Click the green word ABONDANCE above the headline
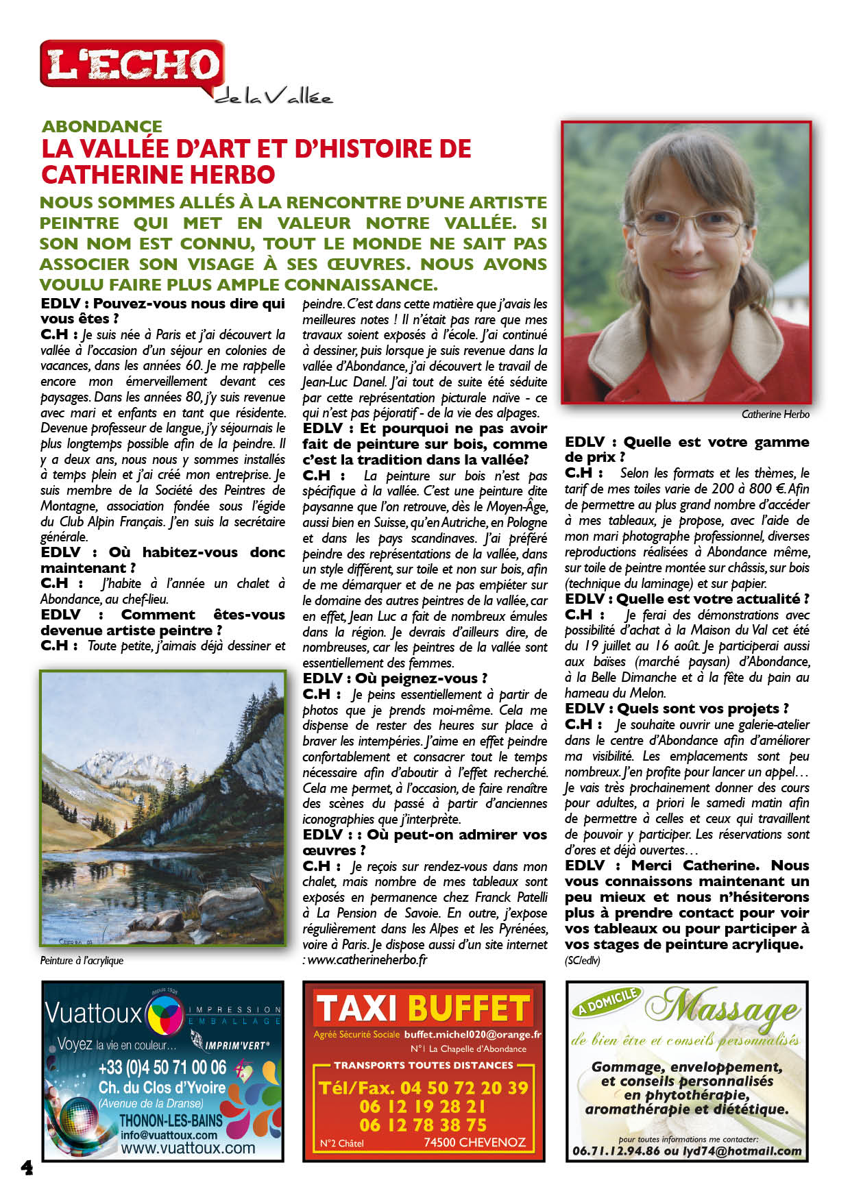tap(102, 127)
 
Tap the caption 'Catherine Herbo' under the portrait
tap(775, 415)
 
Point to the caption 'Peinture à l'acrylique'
tap(82, 961)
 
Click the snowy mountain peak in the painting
tap(110, 757)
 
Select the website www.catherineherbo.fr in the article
tap(367, 960)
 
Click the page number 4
tap(27, 1167)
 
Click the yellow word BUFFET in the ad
tap(469, 1009)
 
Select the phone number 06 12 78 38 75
tap(423, 1125)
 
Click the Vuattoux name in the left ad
tap(93, 1013)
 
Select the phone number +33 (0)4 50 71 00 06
tap(162, 1068)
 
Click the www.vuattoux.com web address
tap(188, 1148)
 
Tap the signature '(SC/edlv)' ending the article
tap(582, 961)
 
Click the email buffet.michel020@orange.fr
tap(472, 1035)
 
